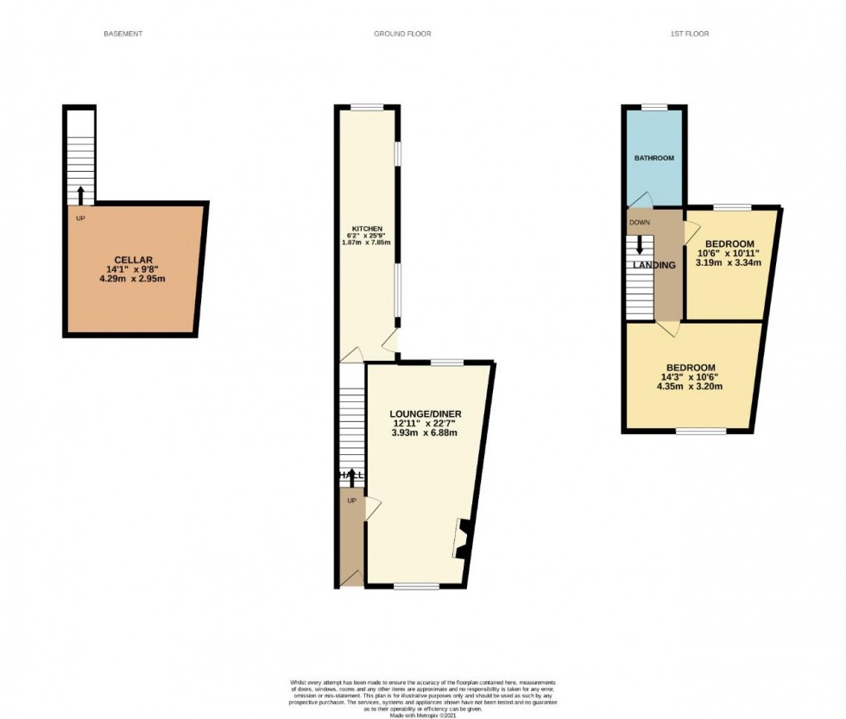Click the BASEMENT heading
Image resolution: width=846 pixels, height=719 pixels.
click(x=123, y=34)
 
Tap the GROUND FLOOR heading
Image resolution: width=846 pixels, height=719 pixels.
click(x=402, y=34)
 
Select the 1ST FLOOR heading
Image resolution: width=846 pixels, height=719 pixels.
click(x=691, y=34)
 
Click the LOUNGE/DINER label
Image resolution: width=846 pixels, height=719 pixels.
click(x=426, y=414)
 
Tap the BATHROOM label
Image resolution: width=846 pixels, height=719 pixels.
click(x=654, y=159)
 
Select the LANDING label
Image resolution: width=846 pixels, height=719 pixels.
click(x=654, y=265)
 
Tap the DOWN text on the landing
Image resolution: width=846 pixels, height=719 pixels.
click(x=640, y=223)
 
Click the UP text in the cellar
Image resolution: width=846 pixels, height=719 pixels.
click(x=80, y=218)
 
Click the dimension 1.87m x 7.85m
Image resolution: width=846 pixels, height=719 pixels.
click(x=369, y=243)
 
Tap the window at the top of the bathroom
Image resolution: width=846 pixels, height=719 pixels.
click(x=654, y=107)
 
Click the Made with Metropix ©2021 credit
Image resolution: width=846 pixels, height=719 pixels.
click(x=422, y=715)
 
